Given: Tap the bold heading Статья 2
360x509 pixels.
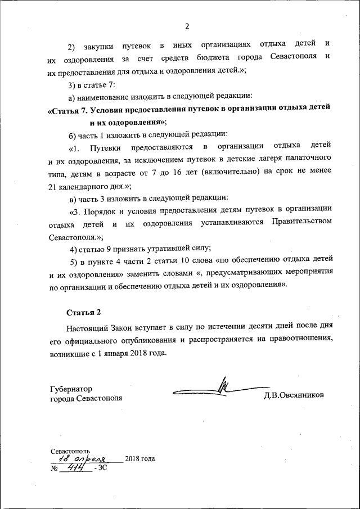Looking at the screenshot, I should pos(84,312).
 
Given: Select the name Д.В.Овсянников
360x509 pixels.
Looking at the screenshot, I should pos(294,395).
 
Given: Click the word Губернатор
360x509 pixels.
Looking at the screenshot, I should pos(71,389).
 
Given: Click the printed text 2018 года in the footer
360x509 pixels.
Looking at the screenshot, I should pos(140,458).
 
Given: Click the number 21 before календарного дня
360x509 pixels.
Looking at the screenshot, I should pos(55,186).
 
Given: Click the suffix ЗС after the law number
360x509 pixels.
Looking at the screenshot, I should pos(102,468).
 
